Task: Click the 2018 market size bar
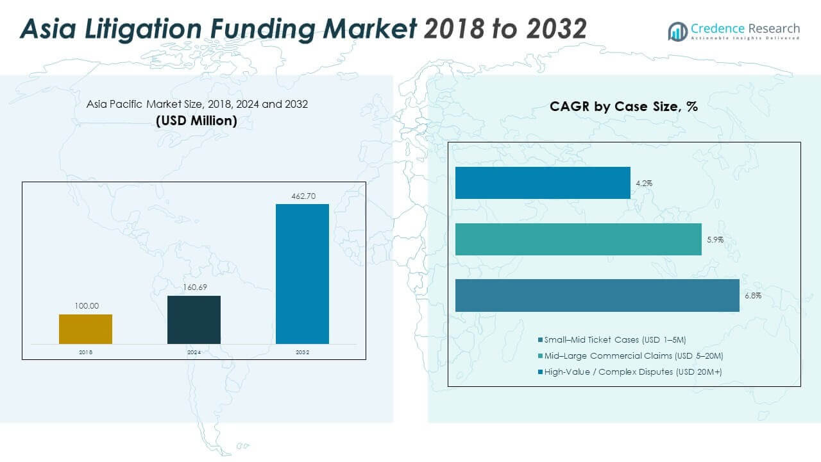[x=85, y=329]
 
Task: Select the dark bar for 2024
[x=194, y=320]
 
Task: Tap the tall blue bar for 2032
[x=302, y=274]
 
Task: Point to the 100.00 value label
[x=85, y=307]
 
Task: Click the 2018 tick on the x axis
[x=85, y=352]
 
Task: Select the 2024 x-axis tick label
[x=194, y=352]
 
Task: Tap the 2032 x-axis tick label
[x=302, y=352]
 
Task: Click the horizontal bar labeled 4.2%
[x=543, y=183]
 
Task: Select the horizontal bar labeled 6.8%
[x=597, y=296]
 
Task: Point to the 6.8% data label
[x=753, y=296]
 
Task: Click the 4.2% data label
[x=644, y=184]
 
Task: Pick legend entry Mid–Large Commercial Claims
[x=635, y=355]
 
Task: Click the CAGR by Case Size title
[x=623, y=107]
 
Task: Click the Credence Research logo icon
[x=677, y=31]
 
